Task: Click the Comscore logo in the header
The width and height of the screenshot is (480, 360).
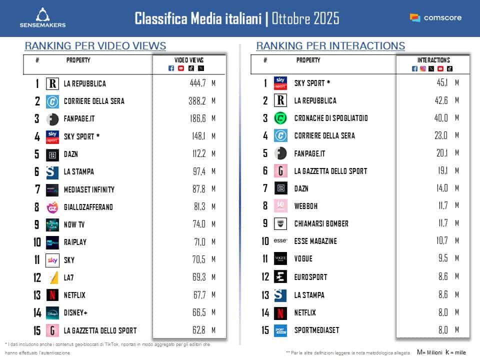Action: click(435, 17)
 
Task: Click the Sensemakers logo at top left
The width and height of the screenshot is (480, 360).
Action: click(42, 17)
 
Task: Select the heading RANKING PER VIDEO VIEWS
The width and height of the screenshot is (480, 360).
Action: click(95, 46)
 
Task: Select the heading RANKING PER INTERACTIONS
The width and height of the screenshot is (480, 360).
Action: click(330, 46)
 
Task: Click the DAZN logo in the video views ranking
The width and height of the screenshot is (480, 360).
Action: click(52, 154)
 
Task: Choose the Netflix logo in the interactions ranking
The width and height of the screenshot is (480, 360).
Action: click(280, 312)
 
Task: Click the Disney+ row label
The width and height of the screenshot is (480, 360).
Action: click(75, 312)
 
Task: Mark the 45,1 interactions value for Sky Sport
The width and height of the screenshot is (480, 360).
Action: click(437, 83)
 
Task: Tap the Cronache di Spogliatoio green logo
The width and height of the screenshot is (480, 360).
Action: click(280, 118)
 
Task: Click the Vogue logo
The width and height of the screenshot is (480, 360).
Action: click(280, 258)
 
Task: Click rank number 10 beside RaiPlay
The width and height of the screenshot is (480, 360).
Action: click(36, 242)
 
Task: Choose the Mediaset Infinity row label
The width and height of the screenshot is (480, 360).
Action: click(89, 189)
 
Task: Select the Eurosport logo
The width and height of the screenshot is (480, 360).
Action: click(280, 276)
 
